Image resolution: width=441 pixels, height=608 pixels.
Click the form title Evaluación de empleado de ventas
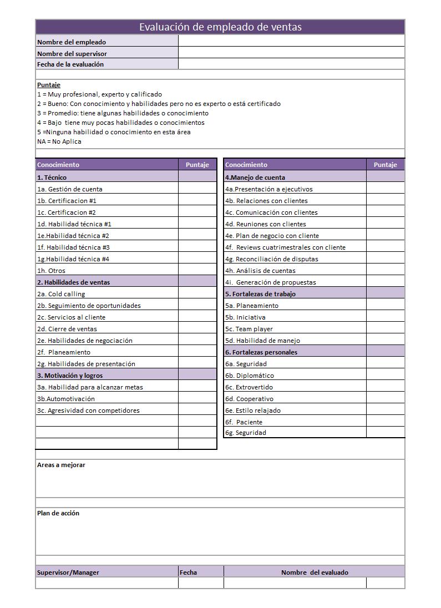tap(220, 27)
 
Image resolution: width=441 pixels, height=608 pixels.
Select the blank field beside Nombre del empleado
tap(291, 42)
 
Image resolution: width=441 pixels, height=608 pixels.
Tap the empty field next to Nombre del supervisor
tap(291, 53)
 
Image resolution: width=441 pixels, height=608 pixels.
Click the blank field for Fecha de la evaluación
tap(291, 64)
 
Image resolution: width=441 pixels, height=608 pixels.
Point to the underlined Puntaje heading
tap(49, 85)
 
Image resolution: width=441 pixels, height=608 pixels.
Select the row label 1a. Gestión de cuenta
tap(70, 189)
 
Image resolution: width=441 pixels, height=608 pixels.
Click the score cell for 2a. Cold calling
tap(197, 294)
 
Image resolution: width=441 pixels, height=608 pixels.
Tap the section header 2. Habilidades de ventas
tap(74, 282)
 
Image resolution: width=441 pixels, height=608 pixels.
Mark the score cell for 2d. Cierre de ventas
tap(197, 329)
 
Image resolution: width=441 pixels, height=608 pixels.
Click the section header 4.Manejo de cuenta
tap(255, 178)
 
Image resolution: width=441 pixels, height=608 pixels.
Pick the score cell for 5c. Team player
tap(385, 329)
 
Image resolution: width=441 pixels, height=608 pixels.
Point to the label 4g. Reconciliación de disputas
tap(272, 259)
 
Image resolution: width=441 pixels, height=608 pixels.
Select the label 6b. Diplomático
tap(250, 376)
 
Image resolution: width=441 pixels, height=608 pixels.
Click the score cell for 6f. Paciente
tap(385, 422)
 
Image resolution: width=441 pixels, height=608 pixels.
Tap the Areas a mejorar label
tap(62, 465)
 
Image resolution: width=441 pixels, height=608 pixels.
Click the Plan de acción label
tap(58, 513)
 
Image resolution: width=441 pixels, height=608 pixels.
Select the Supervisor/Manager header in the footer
tap(68, 572)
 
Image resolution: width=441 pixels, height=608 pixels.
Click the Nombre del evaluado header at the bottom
tap(315, 572)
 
